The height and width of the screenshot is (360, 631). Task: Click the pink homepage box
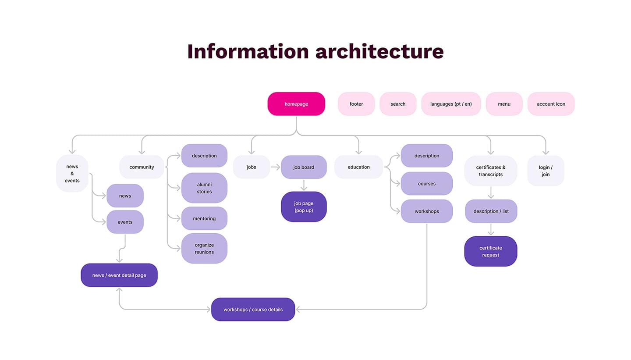(296, 104)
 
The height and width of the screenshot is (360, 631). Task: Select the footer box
(356, 104)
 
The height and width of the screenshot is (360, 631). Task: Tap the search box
(398, 104)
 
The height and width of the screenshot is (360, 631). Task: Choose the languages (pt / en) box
(451, 104)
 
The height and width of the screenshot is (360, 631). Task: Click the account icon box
(551, 104)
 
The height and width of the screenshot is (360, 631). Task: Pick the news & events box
(72, 173)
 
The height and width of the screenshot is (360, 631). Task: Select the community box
(142, 167)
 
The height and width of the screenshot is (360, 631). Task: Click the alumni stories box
(204, 188)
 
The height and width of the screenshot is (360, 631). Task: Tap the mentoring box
(204, 218)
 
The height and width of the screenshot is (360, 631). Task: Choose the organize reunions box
(204, 249)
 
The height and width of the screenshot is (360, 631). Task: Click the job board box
(304, 167)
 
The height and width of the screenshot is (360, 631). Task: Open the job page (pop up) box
(304, 207)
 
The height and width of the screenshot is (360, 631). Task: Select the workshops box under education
(426, 211)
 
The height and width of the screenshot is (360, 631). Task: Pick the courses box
(426, 184)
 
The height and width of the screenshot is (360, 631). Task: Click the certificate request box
(490, 251)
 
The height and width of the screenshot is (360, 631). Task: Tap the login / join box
(546, 171)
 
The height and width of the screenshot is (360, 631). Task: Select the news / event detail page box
(119, 275)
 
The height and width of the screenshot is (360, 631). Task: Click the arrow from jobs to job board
(276, 167)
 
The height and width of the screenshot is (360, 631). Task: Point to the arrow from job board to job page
(304, 185)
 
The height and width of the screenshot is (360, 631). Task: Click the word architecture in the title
(379, 51)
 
